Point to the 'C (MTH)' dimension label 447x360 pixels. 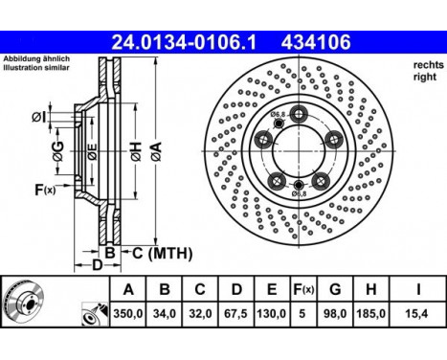coord(164,253)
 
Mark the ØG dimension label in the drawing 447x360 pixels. coord(57,149)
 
